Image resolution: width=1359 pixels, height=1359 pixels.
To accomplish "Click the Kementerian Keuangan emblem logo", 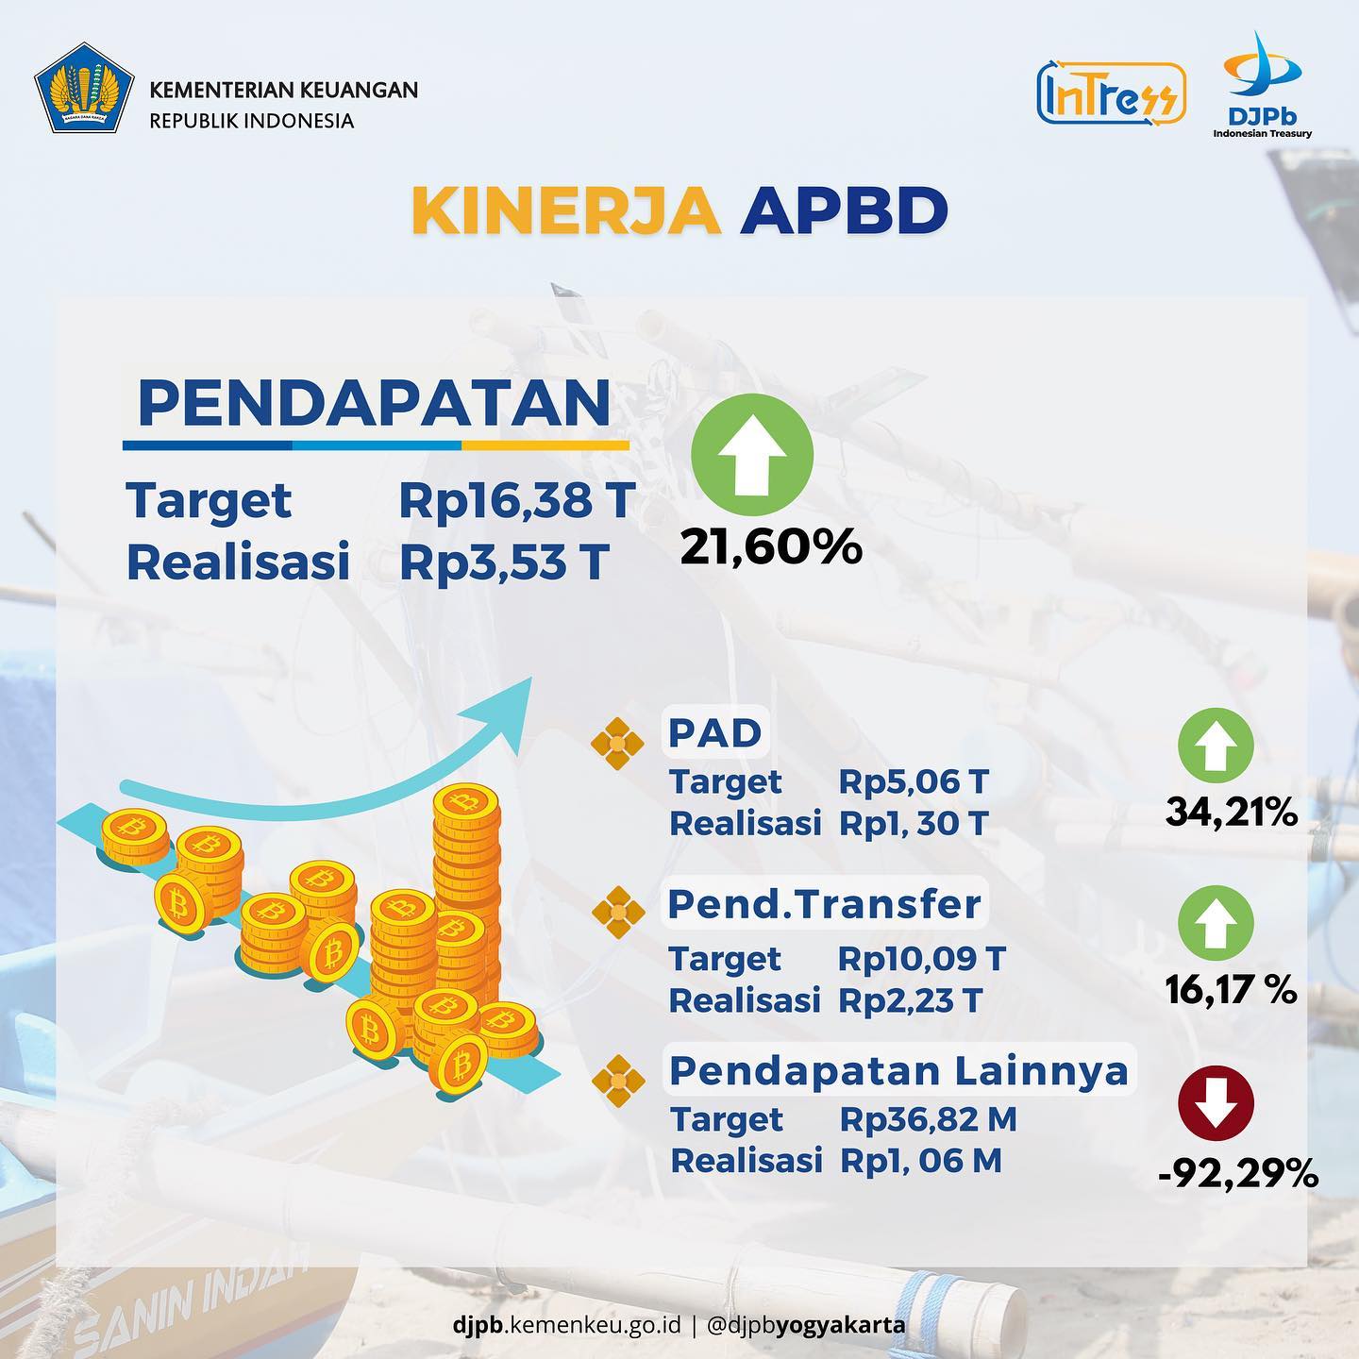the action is pyautogui.click(x=84, y=88).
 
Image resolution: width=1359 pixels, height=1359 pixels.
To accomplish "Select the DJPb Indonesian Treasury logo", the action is pyautogui.click(x=1263, y=85).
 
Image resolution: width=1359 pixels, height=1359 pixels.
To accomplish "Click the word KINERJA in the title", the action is pyautogui.click(x=567, y=210).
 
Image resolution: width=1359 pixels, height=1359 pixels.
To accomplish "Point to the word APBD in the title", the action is pyautogui.click(x=844, y=210).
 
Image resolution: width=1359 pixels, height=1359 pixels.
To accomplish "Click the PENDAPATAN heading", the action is pyautogui.click(x=374, y=403).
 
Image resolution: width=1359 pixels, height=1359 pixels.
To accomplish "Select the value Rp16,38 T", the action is pyautogui.click(x=517, y=501).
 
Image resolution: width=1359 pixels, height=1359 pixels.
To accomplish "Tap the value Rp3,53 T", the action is pyautogui.click(x=504, y=563).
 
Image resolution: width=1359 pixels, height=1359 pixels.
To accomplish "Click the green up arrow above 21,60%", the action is pyautogui.click(x=752, y=455).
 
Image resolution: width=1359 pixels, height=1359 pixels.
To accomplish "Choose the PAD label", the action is pyautogui.click(x=715, y=733).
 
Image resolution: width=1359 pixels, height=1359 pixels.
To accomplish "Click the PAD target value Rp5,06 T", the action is pyautogui.click(x=914, y=781).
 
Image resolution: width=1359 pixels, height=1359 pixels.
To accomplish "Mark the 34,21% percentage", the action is pyautogui.click(x=1232, y=813).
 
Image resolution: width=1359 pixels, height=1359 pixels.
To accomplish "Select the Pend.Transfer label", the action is pyautogui.click(x=825, y=905).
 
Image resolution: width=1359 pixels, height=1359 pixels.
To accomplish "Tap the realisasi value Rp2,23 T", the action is pyautogui.click(x=910, y=1000).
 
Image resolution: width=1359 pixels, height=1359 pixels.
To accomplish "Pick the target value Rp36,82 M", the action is pyautogui.click(x=928, y=1119).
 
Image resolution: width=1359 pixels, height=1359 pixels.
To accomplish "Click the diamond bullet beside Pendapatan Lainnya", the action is pyautogui.click(x=618, y=1082).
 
